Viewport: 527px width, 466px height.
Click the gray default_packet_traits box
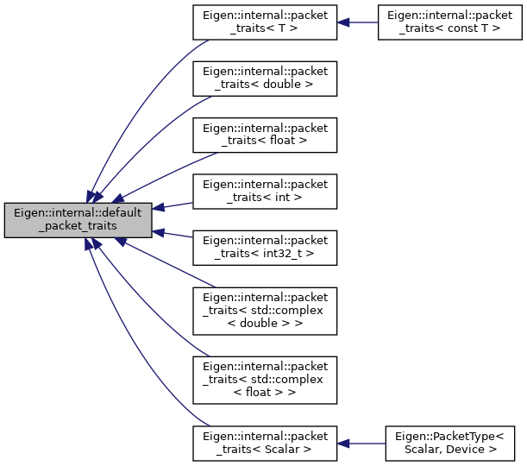click(78, 220)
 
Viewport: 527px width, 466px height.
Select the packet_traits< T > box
click(265, 22)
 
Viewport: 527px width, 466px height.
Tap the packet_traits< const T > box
click(450, 22)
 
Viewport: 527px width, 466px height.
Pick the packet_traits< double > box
click(265, 79)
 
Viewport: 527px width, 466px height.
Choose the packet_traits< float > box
click(265, 135)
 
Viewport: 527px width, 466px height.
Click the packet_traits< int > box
click(265, 192)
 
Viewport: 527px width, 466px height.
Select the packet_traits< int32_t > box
click(265, 249)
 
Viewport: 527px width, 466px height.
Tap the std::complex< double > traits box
click(265, 311)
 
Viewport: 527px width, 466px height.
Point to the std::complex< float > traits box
click(265, 381)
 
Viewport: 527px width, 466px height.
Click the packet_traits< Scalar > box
click(265, 444)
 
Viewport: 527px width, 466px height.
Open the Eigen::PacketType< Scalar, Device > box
click(450, 444)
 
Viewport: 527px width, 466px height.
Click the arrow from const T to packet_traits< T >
click(358, 22)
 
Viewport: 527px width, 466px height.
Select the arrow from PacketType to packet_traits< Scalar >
click(361, 444)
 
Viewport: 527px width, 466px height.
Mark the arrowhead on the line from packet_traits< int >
click(159, 208)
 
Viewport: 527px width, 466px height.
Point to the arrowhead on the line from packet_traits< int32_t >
click(159, 232)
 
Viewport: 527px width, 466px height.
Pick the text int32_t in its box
click(283, 254)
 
